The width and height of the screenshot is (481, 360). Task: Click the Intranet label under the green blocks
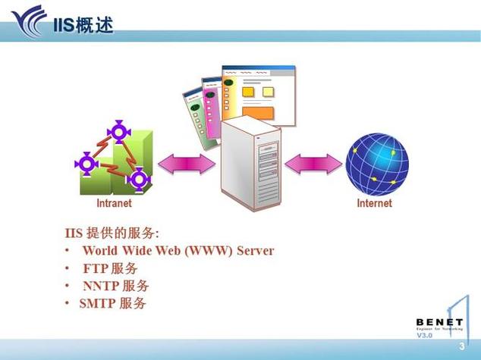pyautogui.click(x=114, y=203)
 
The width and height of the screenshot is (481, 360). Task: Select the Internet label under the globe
pyautogui.click(x=375, y=203)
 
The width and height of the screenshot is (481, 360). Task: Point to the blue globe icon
pyautogui.click(x=377, y=164)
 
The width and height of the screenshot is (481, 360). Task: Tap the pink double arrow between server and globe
pyautogui.click(x=313, y=164)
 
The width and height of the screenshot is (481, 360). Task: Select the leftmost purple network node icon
pyautogui.click(x=86, y=162)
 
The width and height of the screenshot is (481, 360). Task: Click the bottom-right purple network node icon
pyautogui.click(x=138, y=179)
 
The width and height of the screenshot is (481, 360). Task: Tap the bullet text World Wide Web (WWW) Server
pyautogui.click(x=178, y=250)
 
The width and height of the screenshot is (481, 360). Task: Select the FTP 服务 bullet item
pyautogui.click(x=110, y=268)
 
